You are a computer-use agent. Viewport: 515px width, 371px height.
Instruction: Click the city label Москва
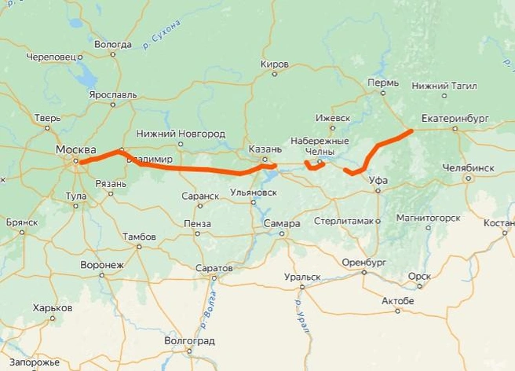coord(75,149)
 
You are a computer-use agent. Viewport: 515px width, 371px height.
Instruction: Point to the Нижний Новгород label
coord(180,134)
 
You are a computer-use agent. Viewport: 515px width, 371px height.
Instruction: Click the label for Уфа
coord(378,180)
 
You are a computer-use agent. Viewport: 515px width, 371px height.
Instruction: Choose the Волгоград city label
coord(188,341)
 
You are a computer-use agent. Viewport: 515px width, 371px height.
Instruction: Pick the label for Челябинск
coord(468,167)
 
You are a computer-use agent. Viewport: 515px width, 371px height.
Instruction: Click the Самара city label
coord(282,223)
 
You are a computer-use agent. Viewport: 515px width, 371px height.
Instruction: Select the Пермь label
coord(382,82)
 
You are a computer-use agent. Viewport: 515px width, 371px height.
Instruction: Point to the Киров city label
coord(275,63)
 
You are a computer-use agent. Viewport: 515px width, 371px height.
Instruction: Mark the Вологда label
coord(112,44)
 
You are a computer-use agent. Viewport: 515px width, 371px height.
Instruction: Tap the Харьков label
coord(53,308)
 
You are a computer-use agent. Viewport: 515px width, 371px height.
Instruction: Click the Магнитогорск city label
coord(428,218)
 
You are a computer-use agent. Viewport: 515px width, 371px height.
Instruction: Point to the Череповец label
coord(50,57)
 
